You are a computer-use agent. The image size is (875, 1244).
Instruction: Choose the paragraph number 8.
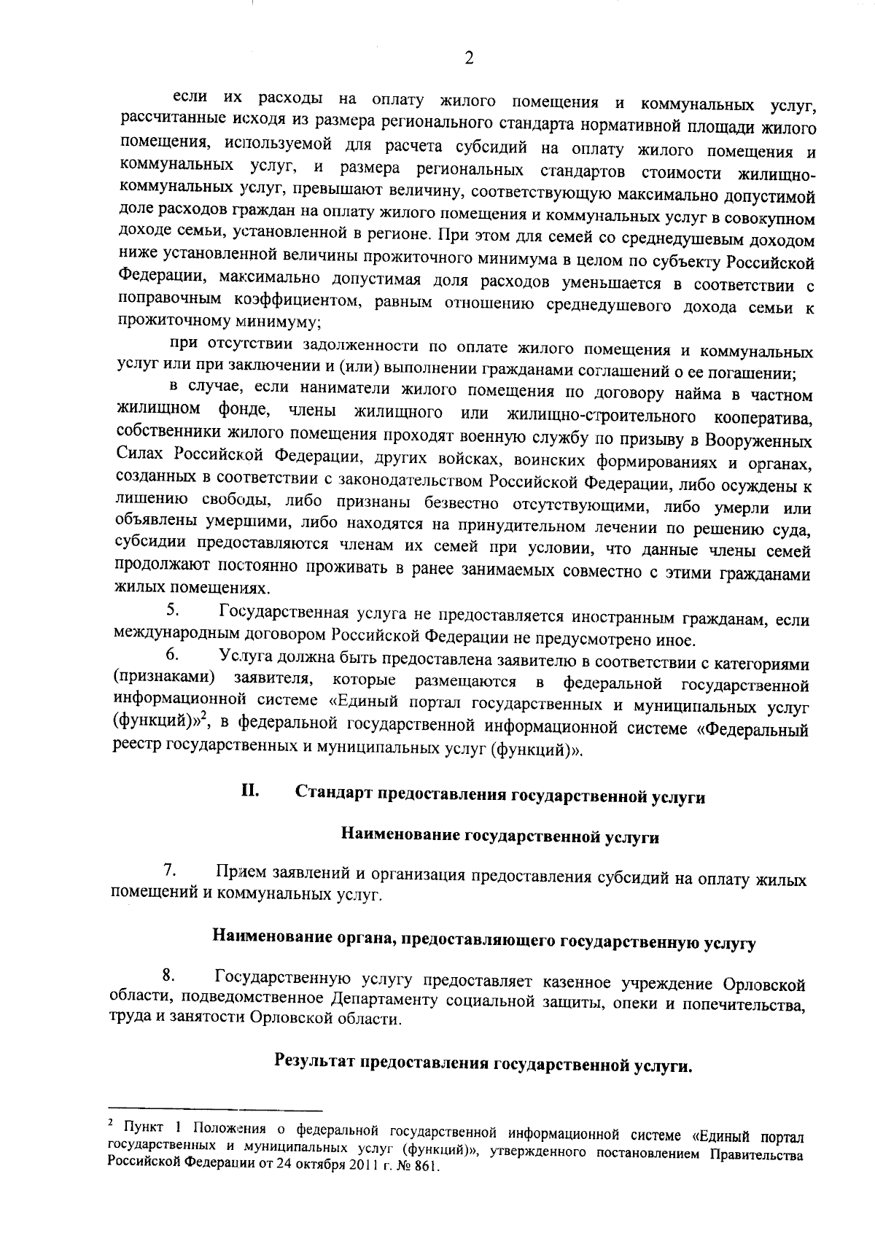[168, 975]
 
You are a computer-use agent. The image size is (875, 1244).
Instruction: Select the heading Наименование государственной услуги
[499, 836]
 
